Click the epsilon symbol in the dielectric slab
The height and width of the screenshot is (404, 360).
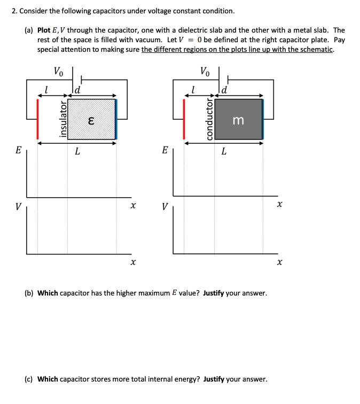click(91, 120)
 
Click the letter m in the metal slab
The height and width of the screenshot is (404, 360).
click(238, 121)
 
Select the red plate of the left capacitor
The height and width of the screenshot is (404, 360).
click(37, 119)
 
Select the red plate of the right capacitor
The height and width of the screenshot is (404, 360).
click(184, 119)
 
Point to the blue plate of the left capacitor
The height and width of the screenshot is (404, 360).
click(116, 119)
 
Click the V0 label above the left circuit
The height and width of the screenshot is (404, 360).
click(59, 71)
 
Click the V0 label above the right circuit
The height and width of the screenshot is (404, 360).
click(205, 71)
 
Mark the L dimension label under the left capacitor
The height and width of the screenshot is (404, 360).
click(77, 152)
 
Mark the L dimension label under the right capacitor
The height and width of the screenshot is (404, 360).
click(223, 152)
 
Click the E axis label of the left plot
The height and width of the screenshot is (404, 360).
click(18, 151)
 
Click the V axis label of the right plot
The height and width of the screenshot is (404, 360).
click(165, 205)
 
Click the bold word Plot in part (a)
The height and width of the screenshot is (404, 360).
click(45, 30)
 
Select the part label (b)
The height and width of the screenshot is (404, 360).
click(30, 293)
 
